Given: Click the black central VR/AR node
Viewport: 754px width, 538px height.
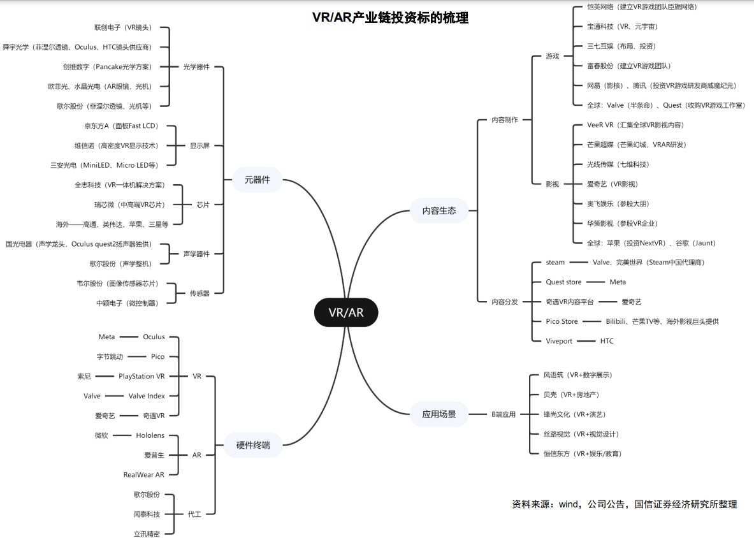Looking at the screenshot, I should click(x=346, y=312).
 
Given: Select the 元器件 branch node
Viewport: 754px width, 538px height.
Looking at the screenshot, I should click(x=257, y=180).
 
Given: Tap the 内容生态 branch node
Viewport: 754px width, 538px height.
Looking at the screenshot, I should click(x=439, y=210).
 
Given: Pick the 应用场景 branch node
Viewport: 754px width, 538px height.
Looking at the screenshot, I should click(x=439, y=414).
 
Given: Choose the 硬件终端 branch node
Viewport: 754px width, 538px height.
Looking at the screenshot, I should click(x=253, y=445).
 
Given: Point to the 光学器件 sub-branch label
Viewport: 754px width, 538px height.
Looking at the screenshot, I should click(x=196, y=67).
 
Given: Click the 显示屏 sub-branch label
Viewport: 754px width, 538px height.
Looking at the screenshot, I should click(x=199, y=145).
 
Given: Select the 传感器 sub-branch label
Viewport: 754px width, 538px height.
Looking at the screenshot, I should click(x=199, y=293).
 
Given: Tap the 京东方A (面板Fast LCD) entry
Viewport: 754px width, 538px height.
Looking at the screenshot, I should click(x=121, y=126).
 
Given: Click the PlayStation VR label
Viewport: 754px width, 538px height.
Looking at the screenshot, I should click(x=141, y=376).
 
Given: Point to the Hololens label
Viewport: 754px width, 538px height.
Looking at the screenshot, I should click(x=150, y=435).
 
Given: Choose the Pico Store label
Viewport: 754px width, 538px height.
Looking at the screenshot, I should click(x=562, y=321).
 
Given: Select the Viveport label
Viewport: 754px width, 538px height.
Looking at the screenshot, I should click(x=559, y=341).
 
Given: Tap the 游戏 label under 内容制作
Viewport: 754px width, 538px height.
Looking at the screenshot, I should click(x=552, y=56).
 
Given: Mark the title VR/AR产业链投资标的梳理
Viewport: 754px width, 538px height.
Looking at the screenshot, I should click(x=390, y=18).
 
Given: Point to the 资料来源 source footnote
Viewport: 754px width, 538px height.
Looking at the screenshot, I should click(x=624, y=504).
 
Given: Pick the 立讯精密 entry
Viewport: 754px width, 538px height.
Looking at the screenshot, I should click(x=147, y=534).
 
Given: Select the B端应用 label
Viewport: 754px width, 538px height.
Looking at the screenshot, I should click(x=504, y=414).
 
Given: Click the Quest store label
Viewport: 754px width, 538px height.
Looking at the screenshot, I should click(x=563, y=282).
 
